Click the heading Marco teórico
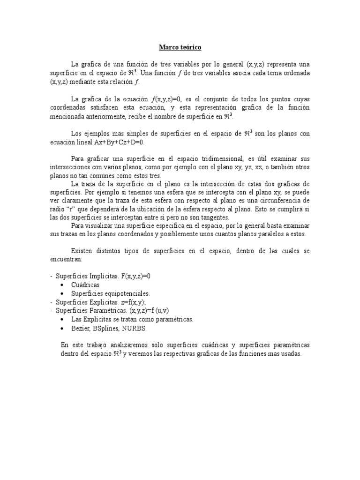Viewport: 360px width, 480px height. (x=180, y=47)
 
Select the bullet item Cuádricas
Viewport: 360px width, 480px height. (x=85, y=285)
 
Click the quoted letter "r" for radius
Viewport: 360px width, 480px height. (x=72, y=209)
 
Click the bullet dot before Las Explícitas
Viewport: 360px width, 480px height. (x=64, y=319)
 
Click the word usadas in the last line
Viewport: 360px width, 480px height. (x=290, y=354)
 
